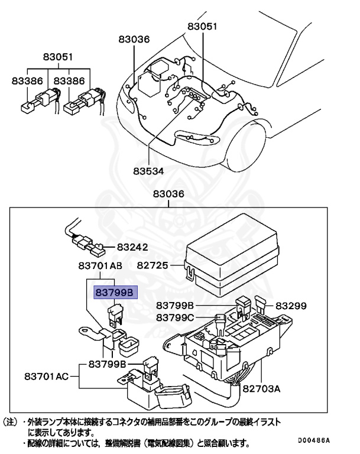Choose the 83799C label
click(176, 317)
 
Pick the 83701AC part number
click(47, 375)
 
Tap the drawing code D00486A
click(316, 440)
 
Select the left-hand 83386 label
click(27, 81)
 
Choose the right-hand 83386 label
click(70, 81)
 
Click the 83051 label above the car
click(203, 26)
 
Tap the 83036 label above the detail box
click(168, 194)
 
